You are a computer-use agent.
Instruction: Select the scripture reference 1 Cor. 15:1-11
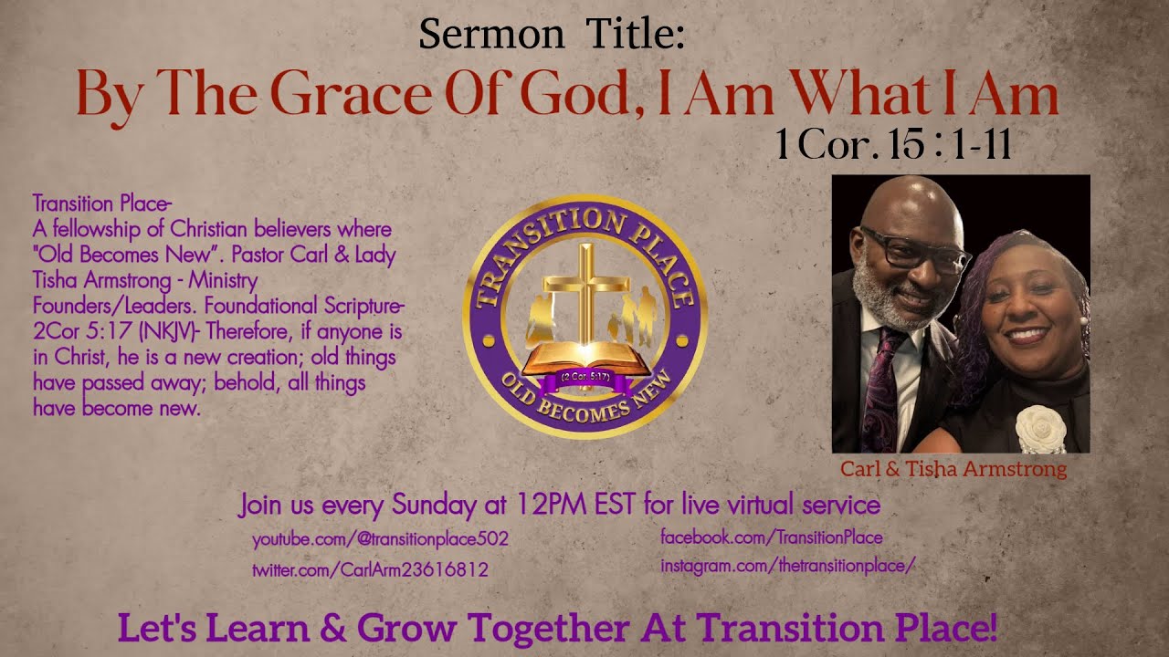(893, 144)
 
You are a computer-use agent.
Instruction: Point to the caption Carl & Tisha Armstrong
(953, 470)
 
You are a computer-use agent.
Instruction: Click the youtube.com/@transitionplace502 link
(380, 539)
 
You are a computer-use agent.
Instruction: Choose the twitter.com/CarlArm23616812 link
(370, 570)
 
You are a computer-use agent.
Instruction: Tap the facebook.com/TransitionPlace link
(771, 537)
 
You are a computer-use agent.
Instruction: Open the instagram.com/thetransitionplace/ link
(787, 566)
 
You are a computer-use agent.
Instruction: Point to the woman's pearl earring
(1084, 320)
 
